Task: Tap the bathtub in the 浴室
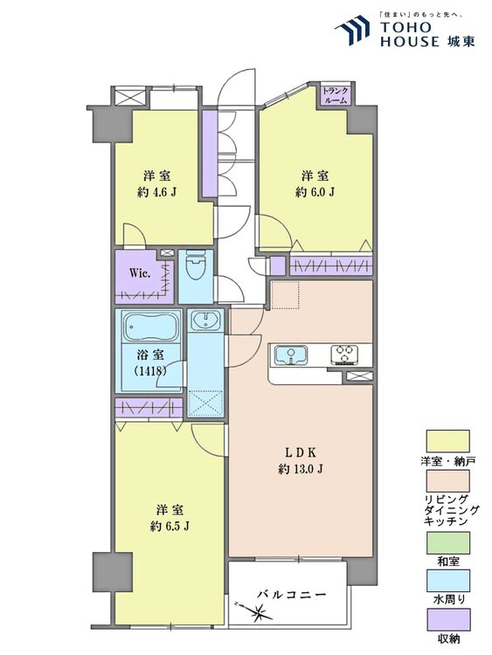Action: coord(151,327)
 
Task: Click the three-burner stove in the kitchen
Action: coord(345,354)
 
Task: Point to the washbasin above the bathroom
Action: coord(205,321)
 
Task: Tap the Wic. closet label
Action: coord(140,274)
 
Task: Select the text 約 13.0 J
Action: coord(300,469)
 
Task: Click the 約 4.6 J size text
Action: coord(156,193)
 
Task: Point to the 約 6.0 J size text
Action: coord(315,192)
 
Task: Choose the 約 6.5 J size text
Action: coord(170,527)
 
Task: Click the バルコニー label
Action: coord(291,594)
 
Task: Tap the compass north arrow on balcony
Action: coord(255,611)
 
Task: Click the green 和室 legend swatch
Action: coord(447,542)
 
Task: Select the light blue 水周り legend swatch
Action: coord(447,581)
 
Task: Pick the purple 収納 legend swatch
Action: coord(447,619)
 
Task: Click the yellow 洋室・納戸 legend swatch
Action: coord(447,441)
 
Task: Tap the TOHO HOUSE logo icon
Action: coord(352,30)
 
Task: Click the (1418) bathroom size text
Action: coord(150,370)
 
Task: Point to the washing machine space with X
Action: coord(205,403)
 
